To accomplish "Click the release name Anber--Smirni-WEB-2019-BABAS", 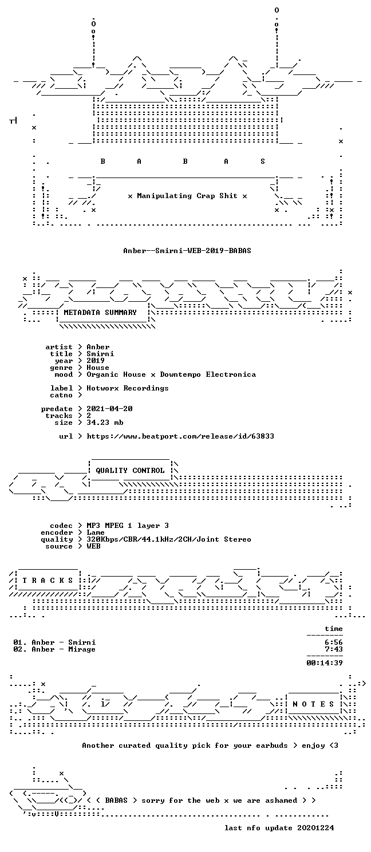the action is pos(187,251).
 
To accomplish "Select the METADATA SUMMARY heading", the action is pos(100,313).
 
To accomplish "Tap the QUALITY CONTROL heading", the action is pos(130,471).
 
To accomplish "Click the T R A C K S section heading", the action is pos(48,581).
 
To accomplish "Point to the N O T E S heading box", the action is pos(313,704).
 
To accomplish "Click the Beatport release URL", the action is pos(180,436).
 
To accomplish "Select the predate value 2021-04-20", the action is pos(109,409).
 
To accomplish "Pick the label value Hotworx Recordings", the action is pos(128,388).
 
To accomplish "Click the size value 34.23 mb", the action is pos(105,423).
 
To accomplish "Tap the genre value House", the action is pos(98,368).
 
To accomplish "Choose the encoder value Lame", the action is pos(96,532).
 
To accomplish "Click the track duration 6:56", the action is pos(334,642).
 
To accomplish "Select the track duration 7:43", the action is pos(334,649).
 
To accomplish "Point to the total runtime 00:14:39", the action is pos(325,663).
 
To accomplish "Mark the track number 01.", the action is pos(18,642).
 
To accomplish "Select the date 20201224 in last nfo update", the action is pos(315,828).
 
